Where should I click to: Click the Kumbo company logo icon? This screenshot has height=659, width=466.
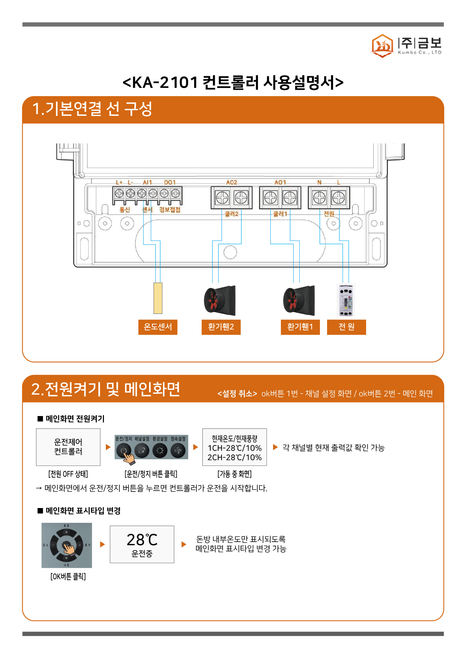tap(382, 46)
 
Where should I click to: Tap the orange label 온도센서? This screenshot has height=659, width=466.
tap(158, 327)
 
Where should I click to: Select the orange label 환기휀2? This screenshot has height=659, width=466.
tap(221, 327)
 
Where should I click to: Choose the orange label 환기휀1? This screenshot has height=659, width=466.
tap(300, 327)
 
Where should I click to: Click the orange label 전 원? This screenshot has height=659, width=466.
tap(346, 327)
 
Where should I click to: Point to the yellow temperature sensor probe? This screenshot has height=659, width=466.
tap(158, 298)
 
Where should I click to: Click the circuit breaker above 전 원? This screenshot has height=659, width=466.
tap(346, 300)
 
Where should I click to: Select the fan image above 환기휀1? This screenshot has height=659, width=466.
tap(299, 300)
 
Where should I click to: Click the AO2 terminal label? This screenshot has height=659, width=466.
tap(232, 182)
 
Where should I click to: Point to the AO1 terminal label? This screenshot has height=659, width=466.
tap(280, 182)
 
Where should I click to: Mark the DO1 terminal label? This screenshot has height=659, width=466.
tap(170, 182)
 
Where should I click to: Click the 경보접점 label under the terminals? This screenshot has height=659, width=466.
tap(170, 210)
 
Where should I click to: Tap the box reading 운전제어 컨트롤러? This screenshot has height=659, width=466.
tap(68, 447)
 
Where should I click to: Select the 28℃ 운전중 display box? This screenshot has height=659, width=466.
tap(142, 544)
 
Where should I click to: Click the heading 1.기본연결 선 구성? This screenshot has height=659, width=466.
tap(92, 109)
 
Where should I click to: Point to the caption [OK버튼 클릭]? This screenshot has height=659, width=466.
tap(68, 576)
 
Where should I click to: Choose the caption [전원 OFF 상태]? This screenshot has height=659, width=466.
tap(68, 474)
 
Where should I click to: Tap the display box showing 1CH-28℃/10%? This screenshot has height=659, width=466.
tap(235, 447)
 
